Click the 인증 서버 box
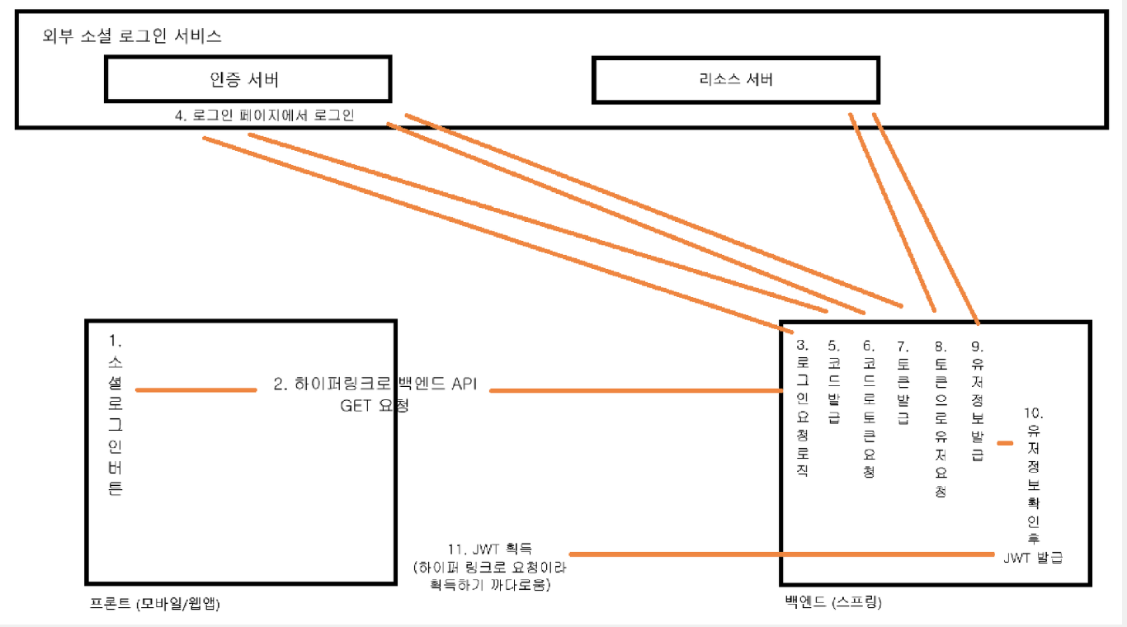(248, 80)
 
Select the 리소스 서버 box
(735, 80)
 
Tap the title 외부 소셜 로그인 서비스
(132, 36)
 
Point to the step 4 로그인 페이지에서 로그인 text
(264, 115)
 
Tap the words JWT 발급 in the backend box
(1033, 558)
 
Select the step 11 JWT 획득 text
(490, 548)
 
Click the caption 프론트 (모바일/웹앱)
(155, 603)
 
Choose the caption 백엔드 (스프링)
(833, 603)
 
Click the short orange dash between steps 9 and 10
(1004, 444)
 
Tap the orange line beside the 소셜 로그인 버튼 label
(196, 390)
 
